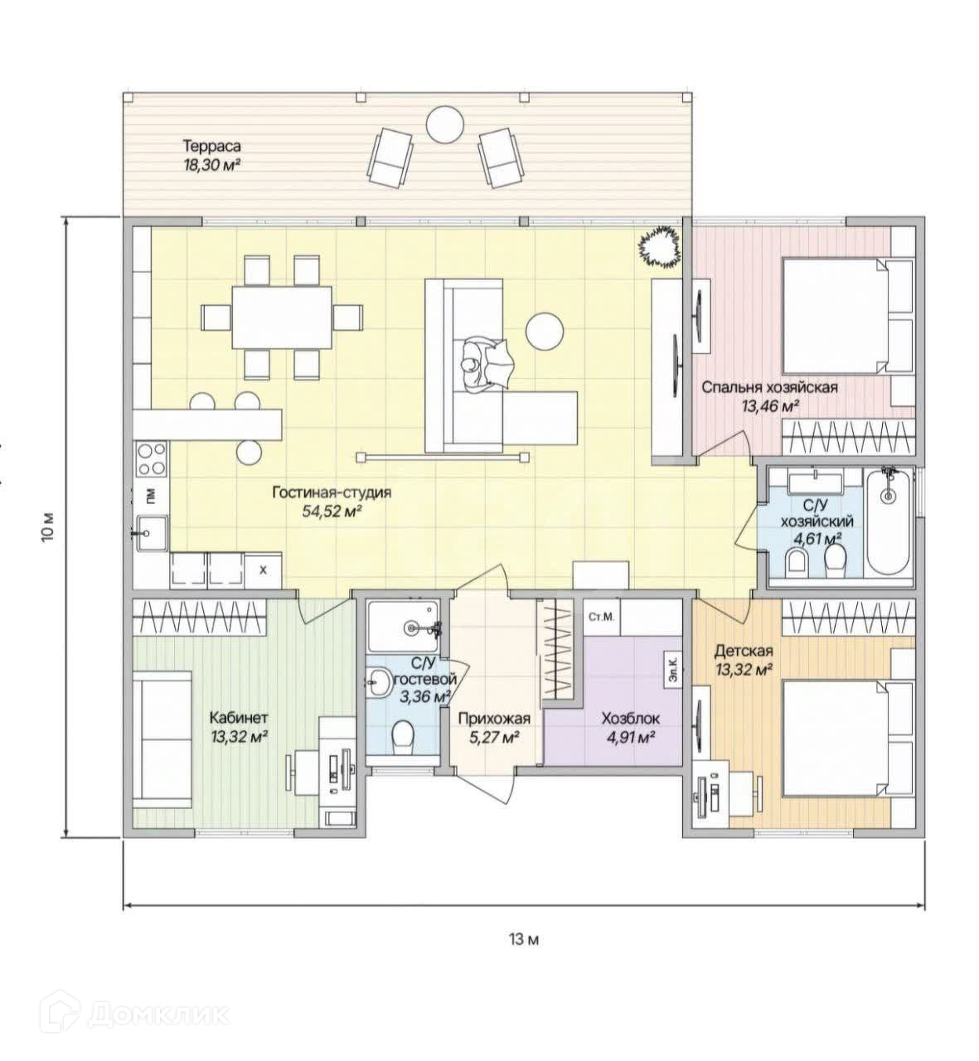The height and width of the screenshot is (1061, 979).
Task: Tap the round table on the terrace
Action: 444,126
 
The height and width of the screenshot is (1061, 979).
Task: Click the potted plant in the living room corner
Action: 660,246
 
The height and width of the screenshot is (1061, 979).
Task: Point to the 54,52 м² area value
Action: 332,511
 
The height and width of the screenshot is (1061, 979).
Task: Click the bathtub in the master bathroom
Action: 888,524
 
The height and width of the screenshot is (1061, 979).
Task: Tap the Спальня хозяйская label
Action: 770,387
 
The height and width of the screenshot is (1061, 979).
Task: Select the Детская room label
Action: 744,651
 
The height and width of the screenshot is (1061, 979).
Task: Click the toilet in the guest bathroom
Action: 403,734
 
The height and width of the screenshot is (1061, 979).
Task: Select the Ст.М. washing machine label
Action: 600,618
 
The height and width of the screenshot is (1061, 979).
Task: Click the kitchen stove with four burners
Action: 152,459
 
